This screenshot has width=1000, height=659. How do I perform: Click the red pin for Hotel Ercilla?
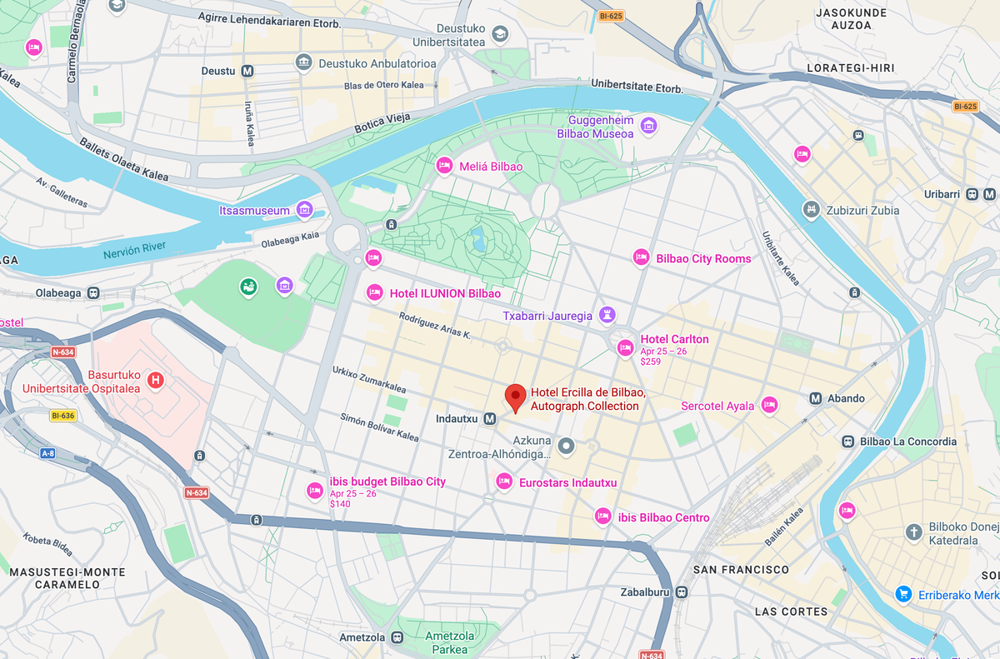point(516,397)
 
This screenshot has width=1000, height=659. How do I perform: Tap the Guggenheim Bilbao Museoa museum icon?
point(649,126)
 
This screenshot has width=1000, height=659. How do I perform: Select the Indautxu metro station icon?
point(490,418)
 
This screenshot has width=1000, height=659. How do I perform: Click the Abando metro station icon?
point(816,398)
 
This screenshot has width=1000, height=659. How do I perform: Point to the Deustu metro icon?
point(247,72)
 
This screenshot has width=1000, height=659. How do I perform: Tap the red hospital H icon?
point(154,381)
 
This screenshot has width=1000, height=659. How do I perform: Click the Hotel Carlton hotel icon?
point(625,348)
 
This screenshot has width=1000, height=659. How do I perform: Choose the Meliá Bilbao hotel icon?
point(445,166)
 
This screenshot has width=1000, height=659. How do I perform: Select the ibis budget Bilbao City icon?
point(314,491)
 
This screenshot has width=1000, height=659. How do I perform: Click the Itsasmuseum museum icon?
point(305,209)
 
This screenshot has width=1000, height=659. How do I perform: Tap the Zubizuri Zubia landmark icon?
point(810,209)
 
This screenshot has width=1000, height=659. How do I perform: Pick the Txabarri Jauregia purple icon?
point(608,315)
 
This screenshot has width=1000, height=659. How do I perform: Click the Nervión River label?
point(134,251)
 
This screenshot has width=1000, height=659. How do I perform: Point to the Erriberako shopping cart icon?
point(902,594)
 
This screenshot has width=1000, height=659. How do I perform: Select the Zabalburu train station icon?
point(682,592)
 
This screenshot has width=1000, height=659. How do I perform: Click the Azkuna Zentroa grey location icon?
point(567,447)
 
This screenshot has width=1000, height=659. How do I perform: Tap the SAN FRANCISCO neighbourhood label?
point(741,570)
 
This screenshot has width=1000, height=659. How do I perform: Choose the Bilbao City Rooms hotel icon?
point(641,258)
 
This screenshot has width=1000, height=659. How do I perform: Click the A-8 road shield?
point(47,453)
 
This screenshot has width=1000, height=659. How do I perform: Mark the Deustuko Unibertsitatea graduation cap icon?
point(500,34)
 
